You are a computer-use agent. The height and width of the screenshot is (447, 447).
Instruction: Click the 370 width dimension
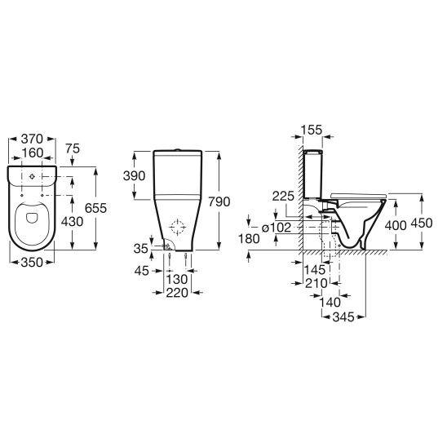click(x=32, y=139)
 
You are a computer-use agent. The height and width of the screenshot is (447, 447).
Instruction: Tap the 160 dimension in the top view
click(x=33, y=153)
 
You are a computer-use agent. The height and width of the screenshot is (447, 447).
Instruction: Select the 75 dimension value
click(x=73, y=148)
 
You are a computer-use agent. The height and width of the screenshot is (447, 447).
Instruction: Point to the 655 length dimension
click(x=95, y=208)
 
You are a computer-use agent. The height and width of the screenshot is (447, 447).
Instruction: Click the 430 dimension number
click(x=73, y=222)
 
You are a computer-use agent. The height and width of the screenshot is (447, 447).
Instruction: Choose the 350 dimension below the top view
click(x=32, y=263)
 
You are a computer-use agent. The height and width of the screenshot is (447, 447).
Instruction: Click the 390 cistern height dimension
click(x=134, y=176)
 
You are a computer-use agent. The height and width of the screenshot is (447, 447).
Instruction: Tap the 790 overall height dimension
click(x=219, y=201)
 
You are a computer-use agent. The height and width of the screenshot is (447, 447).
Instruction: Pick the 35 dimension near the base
click(x=141, y=249)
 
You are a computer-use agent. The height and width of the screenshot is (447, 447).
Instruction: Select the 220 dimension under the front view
click(x=177, y=293)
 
